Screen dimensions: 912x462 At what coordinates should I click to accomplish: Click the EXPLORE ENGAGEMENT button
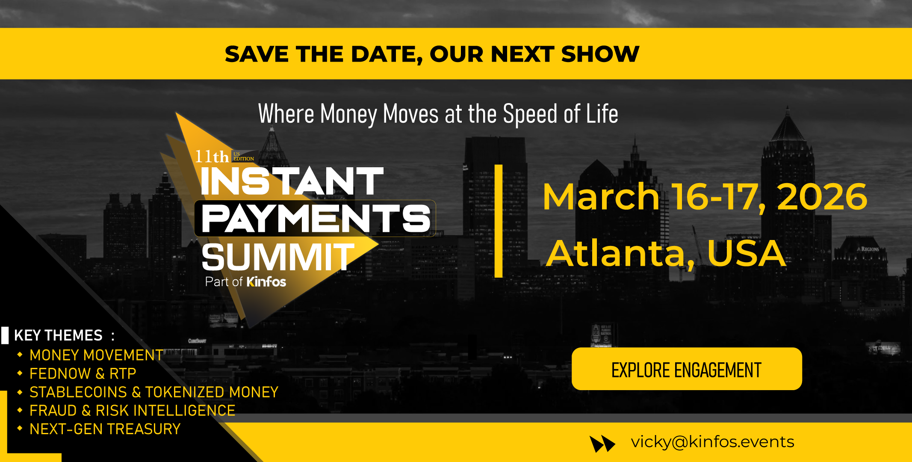coord(687,369)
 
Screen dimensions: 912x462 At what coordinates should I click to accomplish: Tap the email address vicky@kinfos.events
coord(712,442)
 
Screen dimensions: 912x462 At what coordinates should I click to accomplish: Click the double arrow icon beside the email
coord(602,444)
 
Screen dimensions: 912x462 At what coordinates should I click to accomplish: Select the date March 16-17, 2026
coord(705,197)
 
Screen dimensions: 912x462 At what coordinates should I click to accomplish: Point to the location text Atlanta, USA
coord(666,253)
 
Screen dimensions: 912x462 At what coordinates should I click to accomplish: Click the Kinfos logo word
coord(266,282)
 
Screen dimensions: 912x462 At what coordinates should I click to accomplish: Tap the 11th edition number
coord(212,157)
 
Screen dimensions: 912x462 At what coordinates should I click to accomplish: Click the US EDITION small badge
coord(244,156)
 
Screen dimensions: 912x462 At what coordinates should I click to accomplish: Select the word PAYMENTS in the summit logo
coord(316,219)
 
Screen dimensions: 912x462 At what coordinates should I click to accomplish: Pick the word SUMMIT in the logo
coord(278,257)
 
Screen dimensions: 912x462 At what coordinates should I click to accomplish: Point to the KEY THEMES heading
coord(65,335)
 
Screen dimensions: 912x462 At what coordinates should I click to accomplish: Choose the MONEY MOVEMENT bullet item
coord(96,355)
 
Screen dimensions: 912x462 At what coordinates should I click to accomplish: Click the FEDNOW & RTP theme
coord(83,373)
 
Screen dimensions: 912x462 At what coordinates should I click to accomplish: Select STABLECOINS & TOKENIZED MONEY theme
coord(154,392)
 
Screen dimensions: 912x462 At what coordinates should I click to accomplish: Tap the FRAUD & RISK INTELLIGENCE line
coord(133,411)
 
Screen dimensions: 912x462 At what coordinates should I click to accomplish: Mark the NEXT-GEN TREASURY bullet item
coord(105,429)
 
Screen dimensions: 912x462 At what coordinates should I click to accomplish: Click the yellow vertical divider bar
coord(499,221)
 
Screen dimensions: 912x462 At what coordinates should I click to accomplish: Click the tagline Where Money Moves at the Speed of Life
coord(438,114)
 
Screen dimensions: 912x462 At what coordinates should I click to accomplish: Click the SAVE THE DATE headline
coord(432,54)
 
